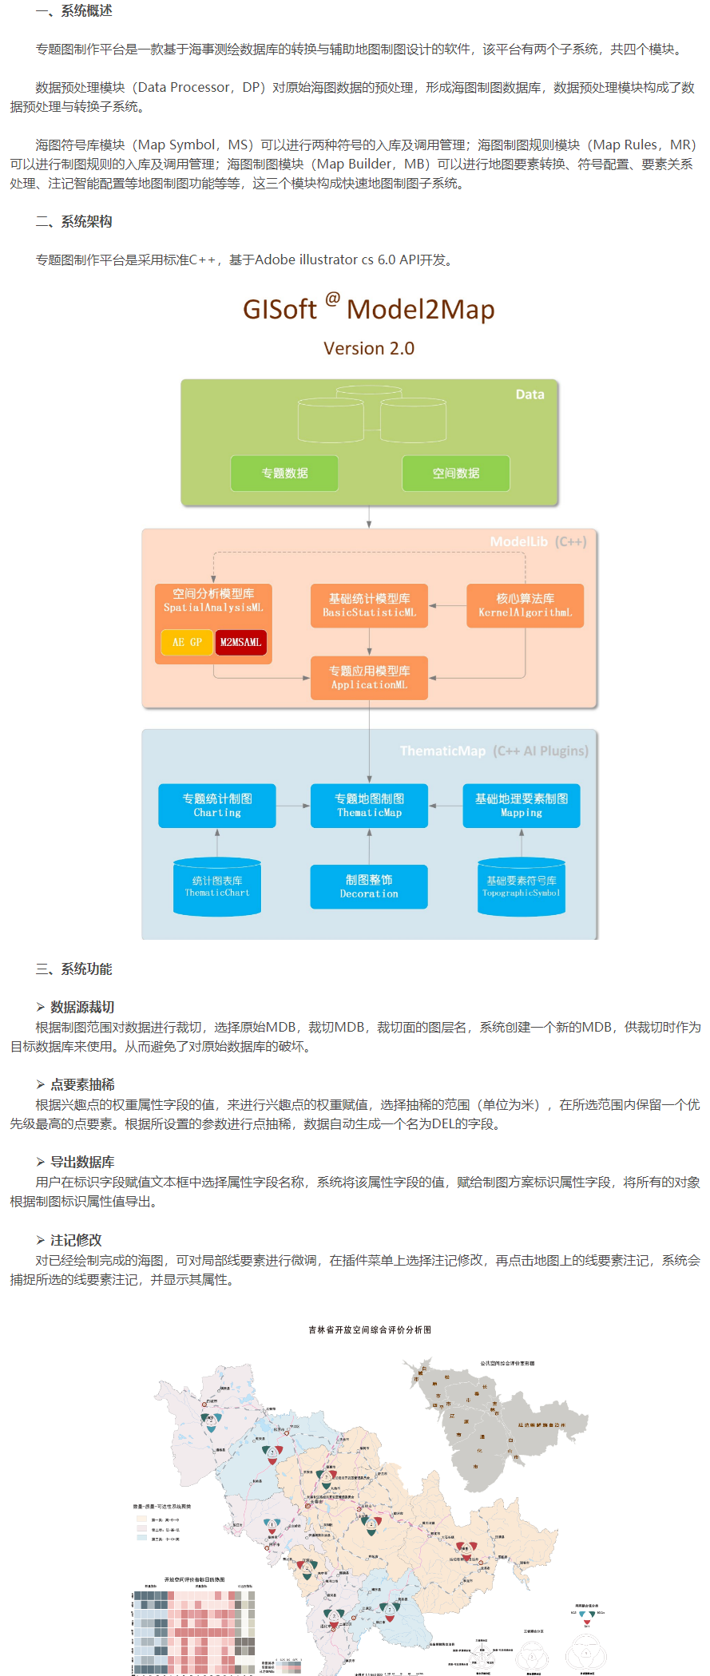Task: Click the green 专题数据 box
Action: tap(284, 473)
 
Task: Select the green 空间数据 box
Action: tap(455, 473)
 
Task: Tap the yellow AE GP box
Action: tap(187, 642)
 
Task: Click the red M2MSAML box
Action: tap(240, 642)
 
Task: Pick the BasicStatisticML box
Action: tap(369, 605)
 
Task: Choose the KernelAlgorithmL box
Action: tap(525, 605)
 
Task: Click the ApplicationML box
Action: tap(369, 678)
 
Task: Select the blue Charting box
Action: tap(217, 805)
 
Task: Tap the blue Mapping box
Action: tap(522, 805)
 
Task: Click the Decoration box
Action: tap(369, 886)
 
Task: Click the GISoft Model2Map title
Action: tap(369, 309)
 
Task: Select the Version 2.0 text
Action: tap(369, 348)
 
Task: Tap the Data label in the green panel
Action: tap(530, 394)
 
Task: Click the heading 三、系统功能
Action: tap(73, 969)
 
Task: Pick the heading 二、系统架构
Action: tap(73, 221)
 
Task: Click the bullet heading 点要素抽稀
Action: tap(82, 1084)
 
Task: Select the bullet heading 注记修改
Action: tap(76, 1240)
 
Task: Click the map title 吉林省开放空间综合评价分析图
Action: tap(370, 1329)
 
